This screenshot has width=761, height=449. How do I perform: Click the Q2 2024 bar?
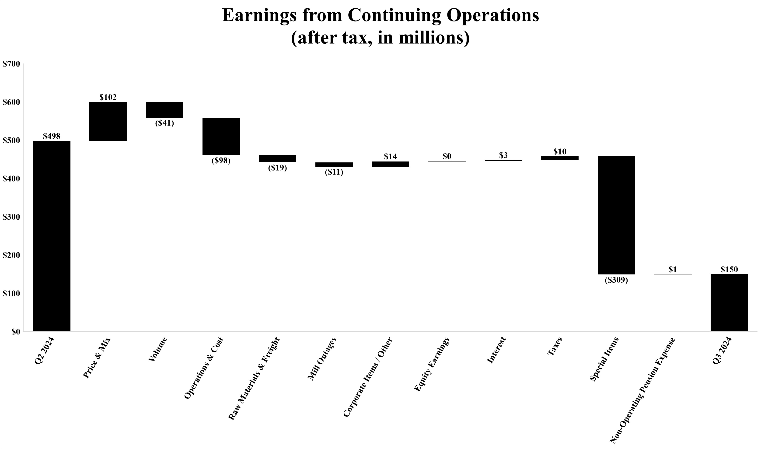click(x=52, y=236)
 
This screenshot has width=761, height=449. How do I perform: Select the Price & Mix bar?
click(x=108, y=121)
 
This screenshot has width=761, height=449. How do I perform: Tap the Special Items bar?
click(x=616, y=215)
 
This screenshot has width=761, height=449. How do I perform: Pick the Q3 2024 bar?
click(x=729, y=302)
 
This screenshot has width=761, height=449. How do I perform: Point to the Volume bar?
click(x=164, y=109)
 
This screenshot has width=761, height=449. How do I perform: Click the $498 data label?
click(x=52, y=136)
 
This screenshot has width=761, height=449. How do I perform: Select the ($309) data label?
click(x=616, y=280)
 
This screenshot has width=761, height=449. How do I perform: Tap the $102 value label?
click(x=108, y=97)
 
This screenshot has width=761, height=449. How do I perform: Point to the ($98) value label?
click(x=221, y=160)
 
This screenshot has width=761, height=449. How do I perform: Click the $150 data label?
click(x=729, y=269)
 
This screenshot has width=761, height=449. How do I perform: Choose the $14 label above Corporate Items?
click(x=391, y=156)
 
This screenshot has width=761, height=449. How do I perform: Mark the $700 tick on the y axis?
click(x=11, y=64)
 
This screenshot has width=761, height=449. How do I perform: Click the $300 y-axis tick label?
click(x=11, y=217)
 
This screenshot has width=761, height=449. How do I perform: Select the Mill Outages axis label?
click(x=321, y=359)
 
